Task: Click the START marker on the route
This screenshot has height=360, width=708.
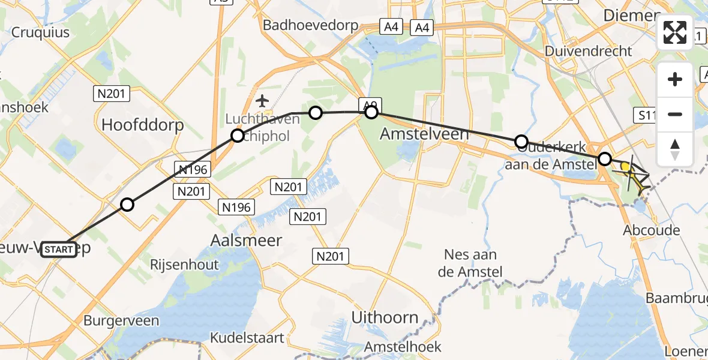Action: [x=59, y=250]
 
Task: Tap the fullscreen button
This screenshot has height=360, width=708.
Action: [x=675, y=33]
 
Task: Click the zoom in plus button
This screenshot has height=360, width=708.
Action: [x=675, y=79]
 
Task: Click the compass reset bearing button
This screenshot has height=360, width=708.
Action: [x=675, y=148]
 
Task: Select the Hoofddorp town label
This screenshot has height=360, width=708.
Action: [x=143, y=125]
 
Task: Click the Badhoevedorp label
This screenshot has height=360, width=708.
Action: [x=310, y=25]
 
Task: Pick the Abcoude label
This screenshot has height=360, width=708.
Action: [x=651, y=230]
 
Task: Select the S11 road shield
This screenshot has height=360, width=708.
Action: [x=647, y=114]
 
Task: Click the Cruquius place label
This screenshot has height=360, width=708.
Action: [x=40, y=32]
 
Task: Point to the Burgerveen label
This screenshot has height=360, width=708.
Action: [x=121, y=320]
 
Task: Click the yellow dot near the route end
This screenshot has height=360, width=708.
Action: [x=625, y=167]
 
